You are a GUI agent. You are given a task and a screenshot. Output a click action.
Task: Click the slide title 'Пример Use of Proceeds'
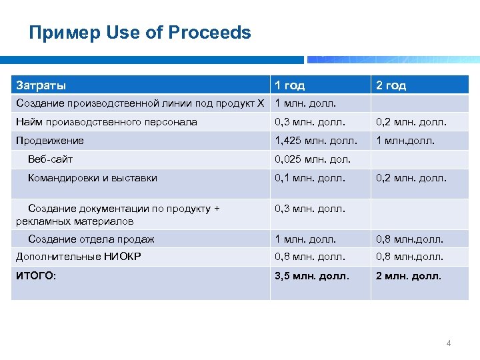point(140,33)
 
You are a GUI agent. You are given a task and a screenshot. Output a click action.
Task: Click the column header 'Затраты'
point(41,85)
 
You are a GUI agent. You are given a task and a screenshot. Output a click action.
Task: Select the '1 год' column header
point(289,85)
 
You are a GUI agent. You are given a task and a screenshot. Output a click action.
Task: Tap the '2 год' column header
point(391,85)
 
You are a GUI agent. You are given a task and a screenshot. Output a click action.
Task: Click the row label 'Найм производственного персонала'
point(107,122)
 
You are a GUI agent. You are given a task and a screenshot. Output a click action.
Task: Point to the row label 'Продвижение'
point(50,141)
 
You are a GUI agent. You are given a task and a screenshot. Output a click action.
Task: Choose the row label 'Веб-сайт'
point(51,159)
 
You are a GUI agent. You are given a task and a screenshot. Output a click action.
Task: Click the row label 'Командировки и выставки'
point(93,178)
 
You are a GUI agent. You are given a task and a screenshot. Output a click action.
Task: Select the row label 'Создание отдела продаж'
point(91,239)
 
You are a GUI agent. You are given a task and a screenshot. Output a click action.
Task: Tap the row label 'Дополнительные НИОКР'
point(77,257)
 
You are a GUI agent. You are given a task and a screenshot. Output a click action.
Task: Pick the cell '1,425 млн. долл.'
point(316,141)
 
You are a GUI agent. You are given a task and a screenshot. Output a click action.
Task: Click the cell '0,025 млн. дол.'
point(313,159)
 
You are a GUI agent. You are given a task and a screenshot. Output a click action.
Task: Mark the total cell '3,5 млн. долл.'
point(312,275)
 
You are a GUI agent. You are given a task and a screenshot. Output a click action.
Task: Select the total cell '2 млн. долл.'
point(409,275)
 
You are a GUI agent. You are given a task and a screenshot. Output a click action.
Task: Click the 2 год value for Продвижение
point(405,141)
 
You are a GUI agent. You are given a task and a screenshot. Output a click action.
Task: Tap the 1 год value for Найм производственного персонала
point(310,122)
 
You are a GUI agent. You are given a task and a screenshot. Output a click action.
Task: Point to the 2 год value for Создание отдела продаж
point(409,239)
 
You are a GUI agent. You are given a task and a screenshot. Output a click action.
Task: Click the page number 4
point(449,343)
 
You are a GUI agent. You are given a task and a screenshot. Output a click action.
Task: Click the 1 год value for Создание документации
point(310,209)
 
